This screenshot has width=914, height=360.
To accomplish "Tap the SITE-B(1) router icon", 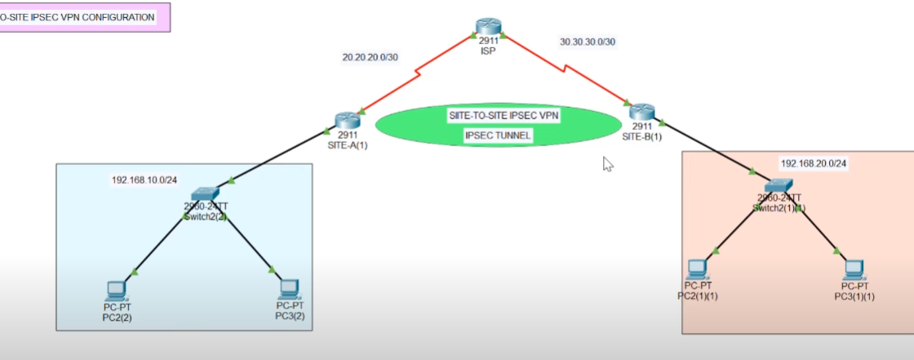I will pos(642,112).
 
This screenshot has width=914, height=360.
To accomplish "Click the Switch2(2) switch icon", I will pos(205,193).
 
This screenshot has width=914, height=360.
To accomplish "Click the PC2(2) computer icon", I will pos(118,290).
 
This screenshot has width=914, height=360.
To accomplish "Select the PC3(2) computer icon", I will pos(289,288).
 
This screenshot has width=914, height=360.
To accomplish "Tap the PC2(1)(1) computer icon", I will pos(696,267).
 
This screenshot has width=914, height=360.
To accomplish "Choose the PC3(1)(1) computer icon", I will pos(854,268).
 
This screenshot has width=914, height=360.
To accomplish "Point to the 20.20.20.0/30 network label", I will pos(370,57).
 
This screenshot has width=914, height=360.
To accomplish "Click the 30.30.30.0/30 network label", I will pos(588,40).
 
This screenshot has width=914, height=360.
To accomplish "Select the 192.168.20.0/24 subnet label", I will pos(814,163).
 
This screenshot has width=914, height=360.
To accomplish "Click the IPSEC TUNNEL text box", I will pos(498,136).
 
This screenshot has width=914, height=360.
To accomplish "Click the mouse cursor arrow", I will pos(607,163).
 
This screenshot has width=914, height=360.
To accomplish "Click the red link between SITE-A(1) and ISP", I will pos(416,73).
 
